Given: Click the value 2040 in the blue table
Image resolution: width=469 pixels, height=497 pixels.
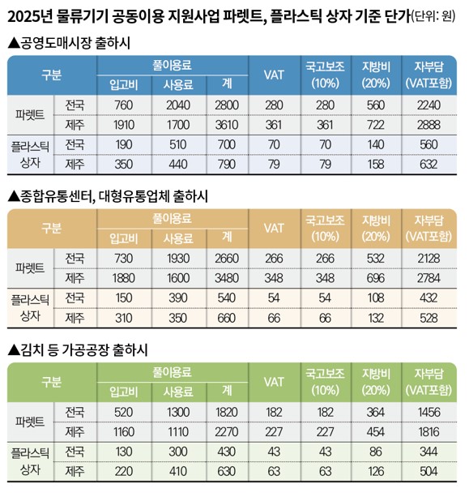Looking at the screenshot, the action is pos(178,105).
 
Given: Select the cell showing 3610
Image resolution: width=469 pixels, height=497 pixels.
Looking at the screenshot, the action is pos(227,125).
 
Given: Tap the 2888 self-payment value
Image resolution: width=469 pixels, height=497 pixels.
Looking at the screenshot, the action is pos(428,125).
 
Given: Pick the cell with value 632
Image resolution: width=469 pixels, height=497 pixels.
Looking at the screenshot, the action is pos(428,165).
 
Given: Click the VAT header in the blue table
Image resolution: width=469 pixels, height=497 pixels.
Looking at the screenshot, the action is pos(274,75).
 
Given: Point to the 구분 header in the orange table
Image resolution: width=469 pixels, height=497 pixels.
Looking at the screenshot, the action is pos(51,228).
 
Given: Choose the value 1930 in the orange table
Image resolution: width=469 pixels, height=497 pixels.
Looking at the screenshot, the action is pos(178,259).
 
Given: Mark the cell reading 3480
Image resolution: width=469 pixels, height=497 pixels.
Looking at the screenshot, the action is pos(227,278).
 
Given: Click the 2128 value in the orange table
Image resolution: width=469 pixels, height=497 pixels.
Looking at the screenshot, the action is pos(428,259).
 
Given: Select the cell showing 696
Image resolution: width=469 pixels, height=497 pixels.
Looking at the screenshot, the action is pos(376,278).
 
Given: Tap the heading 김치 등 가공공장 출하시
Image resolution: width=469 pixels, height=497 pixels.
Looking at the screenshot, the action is pos(78,350).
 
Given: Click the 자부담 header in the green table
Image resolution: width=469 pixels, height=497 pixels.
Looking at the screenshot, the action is pos(428,374).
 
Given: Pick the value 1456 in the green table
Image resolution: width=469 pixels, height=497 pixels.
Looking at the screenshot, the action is pos(428,412).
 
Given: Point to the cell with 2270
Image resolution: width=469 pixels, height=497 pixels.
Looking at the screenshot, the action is pos(227,431).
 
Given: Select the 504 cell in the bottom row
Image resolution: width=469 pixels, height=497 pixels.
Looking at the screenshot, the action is pos(428,471).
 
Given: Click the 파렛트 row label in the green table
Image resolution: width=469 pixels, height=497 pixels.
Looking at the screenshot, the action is pos(30,422).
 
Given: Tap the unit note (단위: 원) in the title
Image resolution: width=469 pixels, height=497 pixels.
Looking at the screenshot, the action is pos(433,16).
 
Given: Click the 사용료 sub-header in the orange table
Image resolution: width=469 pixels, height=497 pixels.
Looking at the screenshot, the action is pos(178,238).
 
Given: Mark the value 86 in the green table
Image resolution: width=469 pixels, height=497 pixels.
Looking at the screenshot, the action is pos(376,452).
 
